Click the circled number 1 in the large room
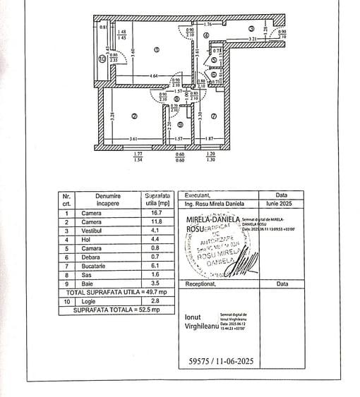point(157,49)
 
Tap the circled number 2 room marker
point(133,116)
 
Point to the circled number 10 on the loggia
point(102,59)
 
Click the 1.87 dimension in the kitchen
point(209,138)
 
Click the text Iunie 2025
point(282,203)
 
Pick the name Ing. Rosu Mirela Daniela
point(217,203)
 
